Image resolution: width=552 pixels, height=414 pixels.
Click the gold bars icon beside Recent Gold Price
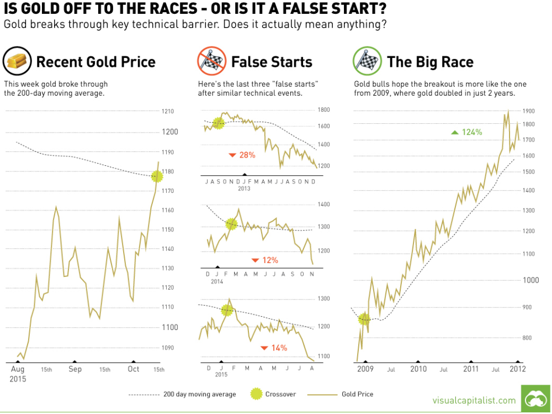[x=17, y=61]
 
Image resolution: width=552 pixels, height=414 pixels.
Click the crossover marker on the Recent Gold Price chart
[x=157, y=176]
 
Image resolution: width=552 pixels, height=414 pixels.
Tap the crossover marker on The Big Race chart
[x=364, y=319]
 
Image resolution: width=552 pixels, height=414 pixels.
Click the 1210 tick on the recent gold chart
[x=168, y=112]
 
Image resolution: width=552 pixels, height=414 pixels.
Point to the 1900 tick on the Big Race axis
[x=529, y=111]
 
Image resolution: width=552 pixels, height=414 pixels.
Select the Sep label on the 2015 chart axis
[x=75, y=369]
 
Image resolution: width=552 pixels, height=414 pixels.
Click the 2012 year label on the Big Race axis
[x=517, y=369]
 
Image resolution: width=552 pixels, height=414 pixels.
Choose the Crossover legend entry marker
[x=256, y=394]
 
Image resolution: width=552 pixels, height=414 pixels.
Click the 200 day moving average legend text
[x=199, y=394]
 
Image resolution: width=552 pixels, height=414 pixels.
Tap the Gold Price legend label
[x=357, y=394]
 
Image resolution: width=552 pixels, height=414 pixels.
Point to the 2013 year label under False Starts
[x=244, y=188]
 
